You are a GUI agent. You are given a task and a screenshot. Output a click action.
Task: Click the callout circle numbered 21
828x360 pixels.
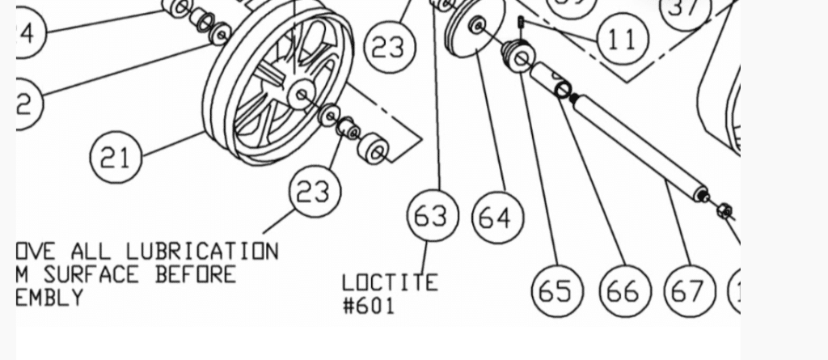pyautogui.click(x=116, y=157)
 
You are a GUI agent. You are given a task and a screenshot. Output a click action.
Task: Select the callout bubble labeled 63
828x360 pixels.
pyautogui.click(x=433, y=216)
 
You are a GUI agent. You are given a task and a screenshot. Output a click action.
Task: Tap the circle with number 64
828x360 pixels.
pyautogui.click(x=496, y=217)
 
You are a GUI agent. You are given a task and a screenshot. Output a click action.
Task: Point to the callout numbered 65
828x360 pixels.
pyautogui.click(x=556, y=290)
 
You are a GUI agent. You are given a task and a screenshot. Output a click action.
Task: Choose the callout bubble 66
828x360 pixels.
pyautogui.click(x=623, y=290)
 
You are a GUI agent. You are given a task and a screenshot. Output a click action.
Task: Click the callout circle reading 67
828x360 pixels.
pyautogui.click(x=688, y=290)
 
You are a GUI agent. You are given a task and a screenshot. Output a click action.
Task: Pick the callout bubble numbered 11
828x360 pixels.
pyautogui.click(x=622, y=38)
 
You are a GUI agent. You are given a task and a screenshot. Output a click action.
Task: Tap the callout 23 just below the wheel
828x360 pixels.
pyautogui.click(x=314, y=192)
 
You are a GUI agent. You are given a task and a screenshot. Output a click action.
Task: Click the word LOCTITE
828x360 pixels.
pyautogui.click(x=390, y=282)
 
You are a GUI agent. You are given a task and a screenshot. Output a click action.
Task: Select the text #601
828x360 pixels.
pyautogui.click(x=369, y=306)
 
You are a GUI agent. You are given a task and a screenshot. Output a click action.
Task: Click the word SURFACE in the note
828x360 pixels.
pyautogui.click(x=91, y=274)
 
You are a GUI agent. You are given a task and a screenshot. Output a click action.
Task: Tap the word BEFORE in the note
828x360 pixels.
pyautogui.click(x=195, y=274)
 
